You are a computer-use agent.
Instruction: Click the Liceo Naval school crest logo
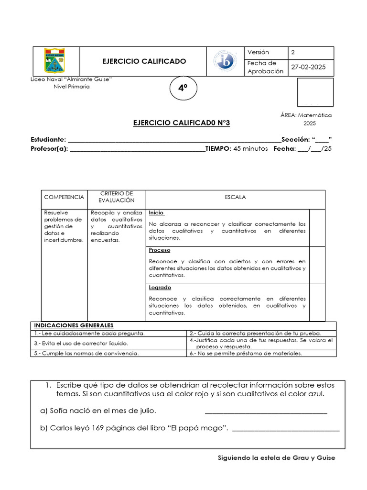pos(55,61)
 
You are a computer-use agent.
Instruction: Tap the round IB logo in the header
pos(225,61)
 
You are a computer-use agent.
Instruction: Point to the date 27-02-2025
pos(308,67)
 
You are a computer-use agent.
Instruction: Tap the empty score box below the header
pos(315,92)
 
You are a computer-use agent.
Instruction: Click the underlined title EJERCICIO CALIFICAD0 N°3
pos(181,123)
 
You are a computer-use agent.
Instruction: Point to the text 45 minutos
pos(250,149)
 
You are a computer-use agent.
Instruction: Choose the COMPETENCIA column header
pos(64,197)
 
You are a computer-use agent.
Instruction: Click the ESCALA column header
pos(235,197)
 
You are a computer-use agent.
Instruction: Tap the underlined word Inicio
pos(156,212)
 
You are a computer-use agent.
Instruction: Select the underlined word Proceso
pos(159,250)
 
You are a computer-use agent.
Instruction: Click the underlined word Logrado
pos(160,288)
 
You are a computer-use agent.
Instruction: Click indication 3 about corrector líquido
pos(81,343)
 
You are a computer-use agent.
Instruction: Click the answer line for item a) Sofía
pos(266,412)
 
